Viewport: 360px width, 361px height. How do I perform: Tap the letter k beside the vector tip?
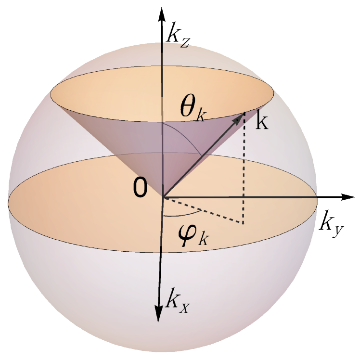pos(261,122)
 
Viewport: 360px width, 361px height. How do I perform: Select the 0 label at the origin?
pos(140,189)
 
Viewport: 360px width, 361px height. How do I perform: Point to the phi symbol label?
pos(187,235)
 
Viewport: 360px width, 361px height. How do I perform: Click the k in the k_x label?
pos(172,299)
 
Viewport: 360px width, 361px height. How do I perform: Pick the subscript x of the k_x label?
pos(185,307)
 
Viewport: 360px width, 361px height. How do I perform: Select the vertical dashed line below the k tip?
pos(244,168)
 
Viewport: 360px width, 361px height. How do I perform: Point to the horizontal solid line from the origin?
pos(241,197)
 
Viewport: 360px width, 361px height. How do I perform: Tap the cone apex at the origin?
pos(163,197)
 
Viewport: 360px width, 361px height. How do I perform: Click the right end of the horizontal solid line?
pos(316,197)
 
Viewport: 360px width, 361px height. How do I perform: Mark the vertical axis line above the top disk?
pos(163,55)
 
